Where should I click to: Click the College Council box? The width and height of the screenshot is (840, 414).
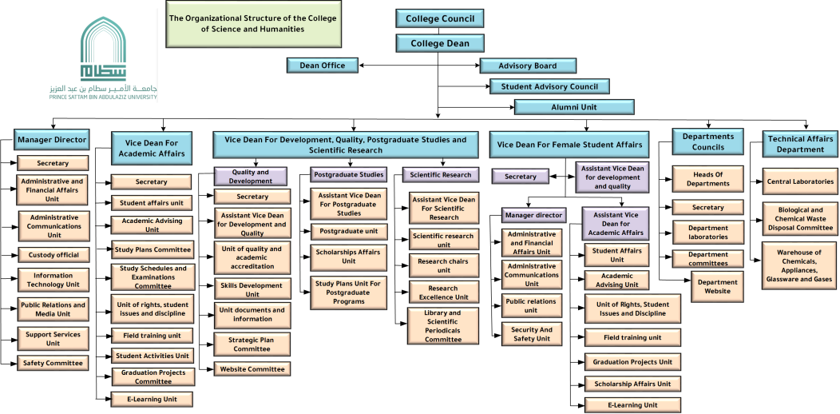(440, 18)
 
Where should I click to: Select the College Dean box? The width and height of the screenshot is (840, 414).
(440, 43)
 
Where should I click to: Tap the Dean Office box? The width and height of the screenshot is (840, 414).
(323, 66)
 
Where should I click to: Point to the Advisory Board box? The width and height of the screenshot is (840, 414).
(528, 66)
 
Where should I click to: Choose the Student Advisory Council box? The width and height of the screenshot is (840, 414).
(550, 86)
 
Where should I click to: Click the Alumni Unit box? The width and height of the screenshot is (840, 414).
(574, 107)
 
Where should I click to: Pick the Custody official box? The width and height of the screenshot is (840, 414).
(53, 255)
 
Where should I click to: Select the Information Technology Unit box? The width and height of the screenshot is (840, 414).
(53, 280)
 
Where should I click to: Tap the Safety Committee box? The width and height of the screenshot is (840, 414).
(53, 363)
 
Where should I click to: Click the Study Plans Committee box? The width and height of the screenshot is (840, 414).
(153, 249)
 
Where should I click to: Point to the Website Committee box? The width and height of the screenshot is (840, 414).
(252, 369)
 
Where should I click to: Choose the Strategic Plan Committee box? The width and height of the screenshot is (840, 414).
(252, 344)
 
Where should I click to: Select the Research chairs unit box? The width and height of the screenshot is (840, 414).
(444, 265)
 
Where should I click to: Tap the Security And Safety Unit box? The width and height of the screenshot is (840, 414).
(532, 333)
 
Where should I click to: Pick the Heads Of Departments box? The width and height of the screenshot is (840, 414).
(707, 179)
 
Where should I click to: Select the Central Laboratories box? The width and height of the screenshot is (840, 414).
(800, 181)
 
